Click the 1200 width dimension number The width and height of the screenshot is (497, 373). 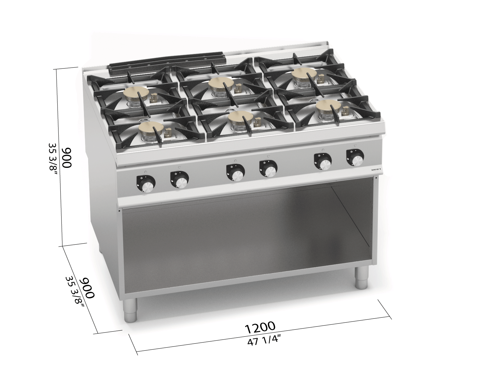pyautogui.click(x=260, y=327)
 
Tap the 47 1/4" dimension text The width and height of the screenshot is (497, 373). pyautogui.click(x=264, y=342)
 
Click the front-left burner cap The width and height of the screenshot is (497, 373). pyautogui.click(x=151, y=128)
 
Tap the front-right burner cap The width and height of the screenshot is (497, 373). pyautogui.click(x=327, y=106)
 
